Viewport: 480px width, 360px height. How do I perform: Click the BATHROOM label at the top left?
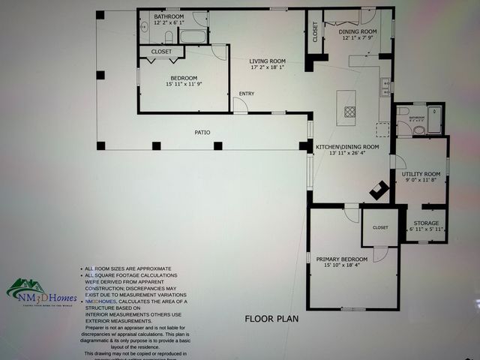169,16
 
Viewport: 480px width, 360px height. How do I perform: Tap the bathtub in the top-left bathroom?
193,36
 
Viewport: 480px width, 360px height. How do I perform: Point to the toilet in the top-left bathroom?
169,37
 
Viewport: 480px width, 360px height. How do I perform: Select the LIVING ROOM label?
268,61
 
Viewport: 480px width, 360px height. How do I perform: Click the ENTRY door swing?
239,105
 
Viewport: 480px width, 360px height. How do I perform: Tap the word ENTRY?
247,94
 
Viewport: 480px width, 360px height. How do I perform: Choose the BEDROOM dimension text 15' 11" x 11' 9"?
184,84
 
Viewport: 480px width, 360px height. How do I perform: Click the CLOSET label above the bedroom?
161,52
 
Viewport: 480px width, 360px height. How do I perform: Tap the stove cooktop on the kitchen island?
350,112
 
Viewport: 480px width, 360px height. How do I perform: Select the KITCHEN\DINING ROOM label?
347,147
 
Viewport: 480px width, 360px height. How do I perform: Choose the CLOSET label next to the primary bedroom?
380,227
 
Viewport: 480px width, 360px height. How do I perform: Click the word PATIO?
202,133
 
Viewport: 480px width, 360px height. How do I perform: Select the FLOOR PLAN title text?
271,318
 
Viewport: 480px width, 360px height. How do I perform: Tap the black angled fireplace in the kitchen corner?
379,190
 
